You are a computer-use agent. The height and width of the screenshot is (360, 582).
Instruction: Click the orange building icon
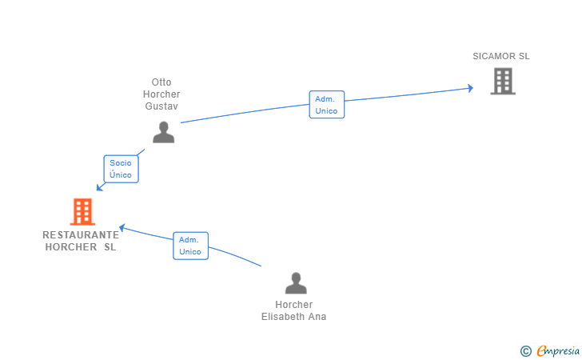(x=82, y=212)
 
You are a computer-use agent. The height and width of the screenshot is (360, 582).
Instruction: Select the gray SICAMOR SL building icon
(x=503, y=81)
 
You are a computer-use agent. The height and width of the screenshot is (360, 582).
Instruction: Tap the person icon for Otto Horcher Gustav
(x=163, y=132)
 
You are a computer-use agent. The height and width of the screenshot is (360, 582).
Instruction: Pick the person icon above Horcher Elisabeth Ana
(x=296, y=283)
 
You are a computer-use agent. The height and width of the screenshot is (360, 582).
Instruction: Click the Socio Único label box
(x=121, y=169)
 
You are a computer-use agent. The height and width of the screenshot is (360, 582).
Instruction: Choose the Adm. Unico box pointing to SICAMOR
(x=327, y=105)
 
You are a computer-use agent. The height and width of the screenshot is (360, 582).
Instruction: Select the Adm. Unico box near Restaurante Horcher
(x=190, y=246)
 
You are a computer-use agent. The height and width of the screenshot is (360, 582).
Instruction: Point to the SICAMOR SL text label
(x=501, y=56)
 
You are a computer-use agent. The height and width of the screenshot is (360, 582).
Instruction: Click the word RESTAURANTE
(x=81, y=234)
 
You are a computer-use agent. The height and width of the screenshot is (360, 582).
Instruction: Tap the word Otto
(x=161, y=82)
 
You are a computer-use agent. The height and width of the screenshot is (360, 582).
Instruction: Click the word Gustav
(x=161, y=106)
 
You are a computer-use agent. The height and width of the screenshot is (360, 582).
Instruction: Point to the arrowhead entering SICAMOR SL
(x=470, y=89)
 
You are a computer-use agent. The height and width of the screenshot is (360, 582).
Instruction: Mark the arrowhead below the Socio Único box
(x=99, y=187)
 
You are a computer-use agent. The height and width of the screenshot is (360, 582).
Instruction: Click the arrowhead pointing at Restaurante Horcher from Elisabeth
(x=122, y=227)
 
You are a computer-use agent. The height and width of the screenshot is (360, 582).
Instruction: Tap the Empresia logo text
(x=558, y=350)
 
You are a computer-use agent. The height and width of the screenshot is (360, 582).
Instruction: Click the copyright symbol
(x=525, y=351)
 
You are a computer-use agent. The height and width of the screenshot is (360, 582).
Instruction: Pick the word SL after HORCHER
(x=110, y=247)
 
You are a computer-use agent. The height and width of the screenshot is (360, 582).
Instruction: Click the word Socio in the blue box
(x=121, y=163)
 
